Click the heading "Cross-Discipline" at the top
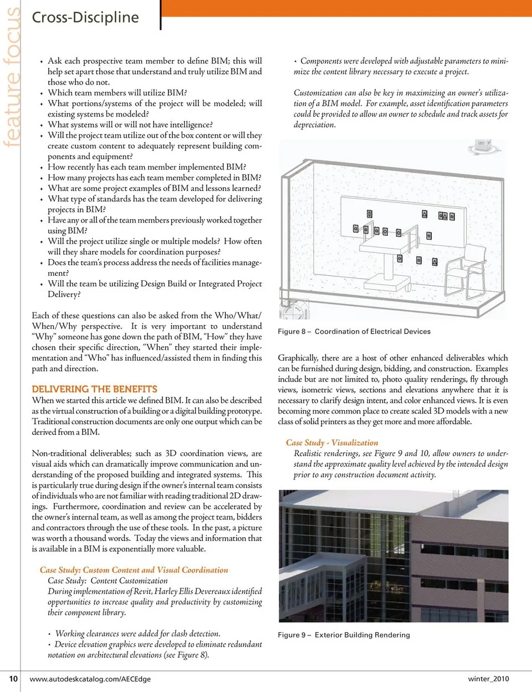click(x=85, y=17)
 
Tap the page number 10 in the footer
click(x=13, y=678)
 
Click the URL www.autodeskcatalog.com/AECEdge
click(x=90, y=679)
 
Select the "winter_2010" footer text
click(x=488, y=678)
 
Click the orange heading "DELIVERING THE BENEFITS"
click(x=94, y=389)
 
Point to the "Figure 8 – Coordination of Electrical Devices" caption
click(x=354, y=331)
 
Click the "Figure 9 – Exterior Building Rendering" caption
click(x=344, y=635)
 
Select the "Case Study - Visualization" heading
click(x=332, y=442)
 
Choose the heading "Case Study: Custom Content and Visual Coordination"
click(x=134, y=570)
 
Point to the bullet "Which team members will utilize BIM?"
click(x=117, y=93)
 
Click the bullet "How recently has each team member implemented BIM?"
click(x=147, y=167)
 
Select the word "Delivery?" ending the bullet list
click(x=64, y=294)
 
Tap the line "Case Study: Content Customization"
click(x=108, y=580)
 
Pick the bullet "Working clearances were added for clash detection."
click(x=137, y=633)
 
